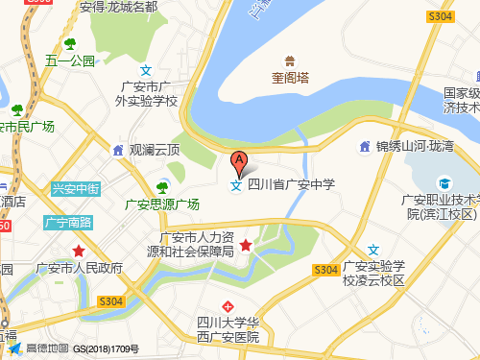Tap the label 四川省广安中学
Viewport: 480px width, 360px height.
[291, 185]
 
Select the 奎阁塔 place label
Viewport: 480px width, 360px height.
[289, 79]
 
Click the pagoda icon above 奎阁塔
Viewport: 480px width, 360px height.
[289, 60]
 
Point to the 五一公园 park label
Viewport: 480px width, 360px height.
[70, 60]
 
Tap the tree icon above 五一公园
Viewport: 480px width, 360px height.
[70, 43]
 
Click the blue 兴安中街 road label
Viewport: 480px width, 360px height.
[75, 189]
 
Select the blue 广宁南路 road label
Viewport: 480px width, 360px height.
[68, 223]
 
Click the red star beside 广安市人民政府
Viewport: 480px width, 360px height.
[78, 251]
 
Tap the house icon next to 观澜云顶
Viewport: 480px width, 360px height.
[117, 150]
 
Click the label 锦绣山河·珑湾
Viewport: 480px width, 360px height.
[418, 147]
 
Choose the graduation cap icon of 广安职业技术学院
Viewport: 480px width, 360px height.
[444, 182]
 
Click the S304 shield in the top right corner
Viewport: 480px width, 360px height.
[440, 17]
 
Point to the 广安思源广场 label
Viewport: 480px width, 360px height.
[162, 204]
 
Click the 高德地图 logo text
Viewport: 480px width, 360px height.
[44, 348]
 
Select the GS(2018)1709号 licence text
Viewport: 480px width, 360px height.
[106, 348]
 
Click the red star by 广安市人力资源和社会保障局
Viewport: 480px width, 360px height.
[246, 246]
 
